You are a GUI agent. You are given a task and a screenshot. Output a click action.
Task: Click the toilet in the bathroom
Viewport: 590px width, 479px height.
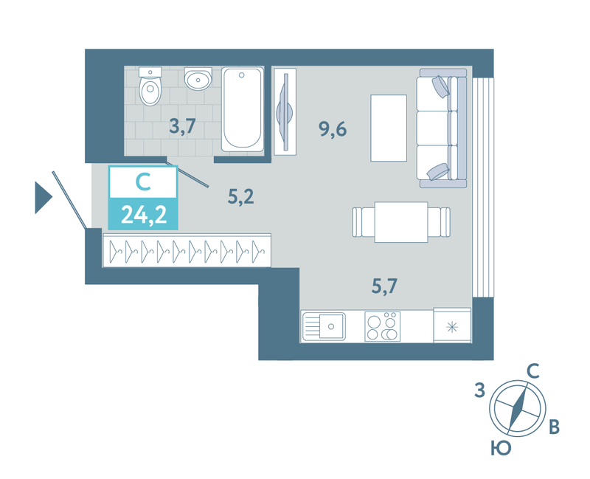(150, 86)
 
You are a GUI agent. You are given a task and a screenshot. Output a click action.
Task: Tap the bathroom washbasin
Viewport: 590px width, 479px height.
(198, 79)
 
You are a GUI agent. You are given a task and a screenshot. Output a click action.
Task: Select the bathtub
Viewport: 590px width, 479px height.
(243, 109)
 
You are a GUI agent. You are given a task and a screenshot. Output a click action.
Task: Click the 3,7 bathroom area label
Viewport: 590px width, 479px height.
(182, 125)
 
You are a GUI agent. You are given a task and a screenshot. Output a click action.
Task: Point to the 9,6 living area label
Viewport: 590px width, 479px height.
(333, 129)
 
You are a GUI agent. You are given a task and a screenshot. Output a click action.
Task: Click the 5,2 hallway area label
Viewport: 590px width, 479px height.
(241, 196)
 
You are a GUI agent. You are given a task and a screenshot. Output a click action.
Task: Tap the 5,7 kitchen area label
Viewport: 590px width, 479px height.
(384, 286)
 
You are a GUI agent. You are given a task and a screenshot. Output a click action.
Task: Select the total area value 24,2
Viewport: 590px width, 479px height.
(144, 216)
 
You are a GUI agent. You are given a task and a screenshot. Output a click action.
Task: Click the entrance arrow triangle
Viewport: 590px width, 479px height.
(43, 198)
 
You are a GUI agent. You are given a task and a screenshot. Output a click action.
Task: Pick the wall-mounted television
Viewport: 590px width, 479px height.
(285, 111)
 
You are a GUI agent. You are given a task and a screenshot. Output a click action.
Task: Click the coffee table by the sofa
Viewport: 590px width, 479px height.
(389, 128)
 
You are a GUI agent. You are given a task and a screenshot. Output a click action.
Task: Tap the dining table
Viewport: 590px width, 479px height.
(401, 222)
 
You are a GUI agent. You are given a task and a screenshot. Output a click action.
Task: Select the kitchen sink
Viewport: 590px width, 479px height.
(324, 326)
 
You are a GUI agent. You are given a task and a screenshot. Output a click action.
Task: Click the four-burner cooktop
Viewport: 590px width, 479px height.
(382, 326)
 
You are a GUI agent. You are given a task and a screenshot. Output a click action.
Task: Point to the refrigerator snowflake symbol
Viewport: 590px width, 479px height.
(452, 327)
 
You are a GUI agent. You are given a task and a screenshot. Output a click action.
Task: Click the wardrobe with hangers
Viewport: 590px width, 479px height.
(187, 250)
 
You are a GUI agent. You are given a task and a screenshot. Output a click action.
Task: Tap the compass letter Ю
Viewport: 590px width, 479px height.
(502, 449)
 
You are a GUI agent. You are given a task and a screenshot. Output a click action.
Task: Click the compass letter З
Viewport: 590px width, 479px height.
(480, 390)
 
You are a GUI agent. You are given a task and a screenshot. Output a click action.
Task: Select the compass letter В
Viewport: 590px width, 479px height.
(555, 427)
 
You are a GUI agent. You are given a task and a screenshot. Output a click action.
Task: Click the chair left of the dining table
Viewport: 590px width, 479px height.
(364, 222)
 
